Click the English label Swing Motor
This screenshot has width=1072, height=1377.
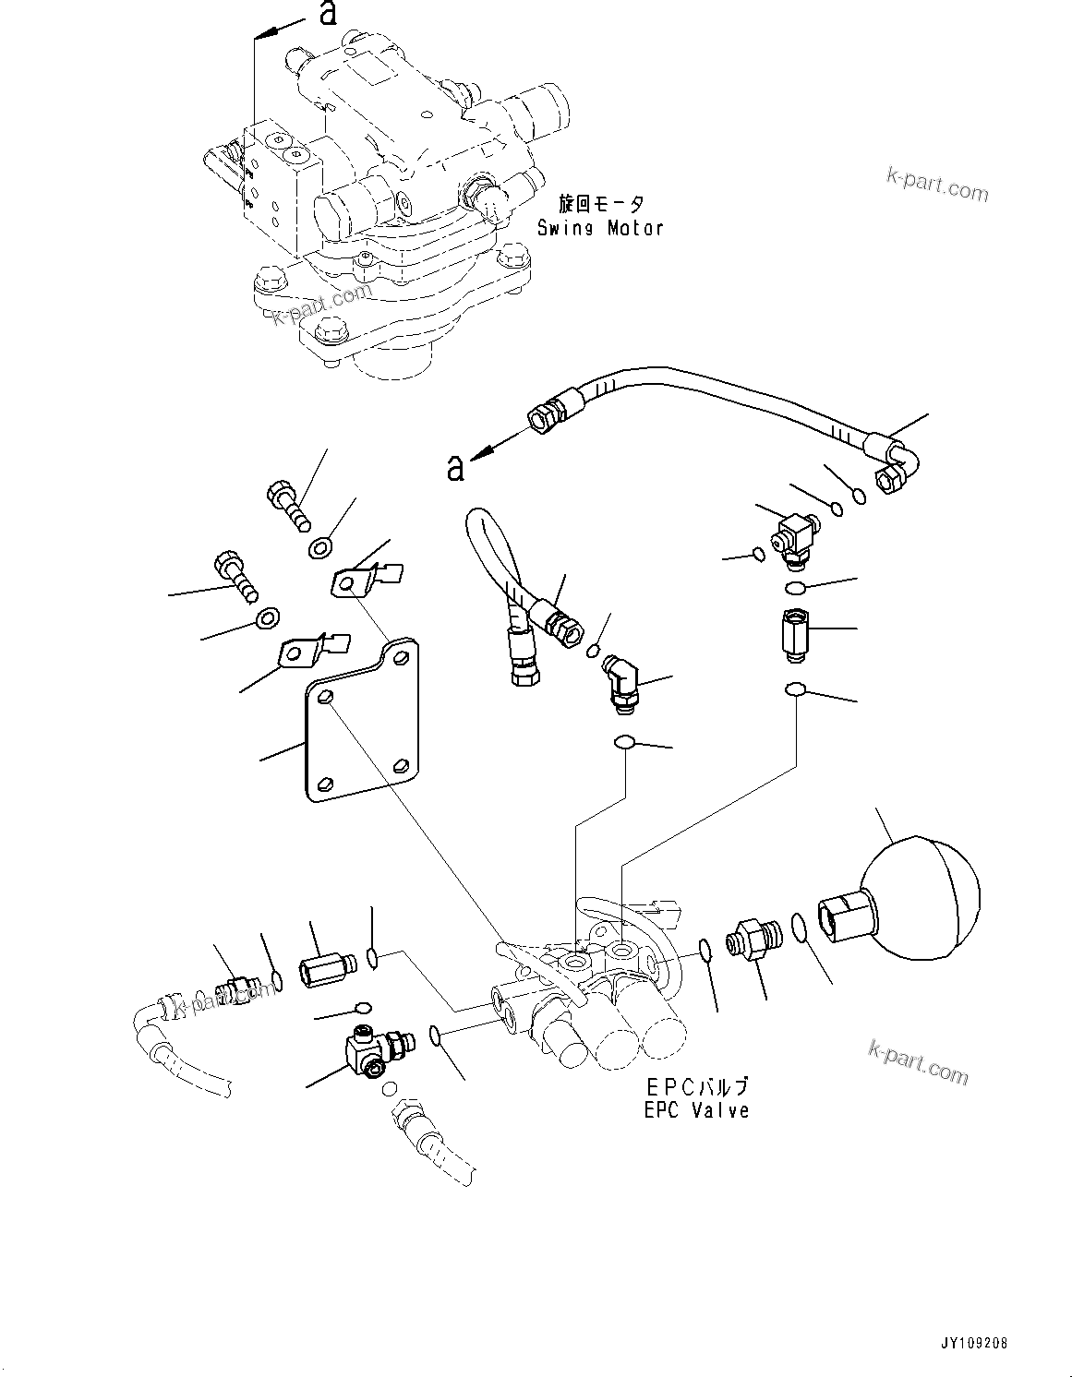599,227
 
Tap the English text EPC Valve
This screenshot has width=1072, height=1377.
696,1111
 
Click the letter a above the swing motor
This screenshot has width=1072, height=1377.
326,14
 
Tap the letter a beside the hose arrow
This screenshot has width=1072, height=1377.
454,469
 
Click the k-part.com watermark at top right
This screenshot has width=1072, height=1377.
936,181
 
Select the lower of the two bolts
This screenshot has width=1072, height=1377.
234,574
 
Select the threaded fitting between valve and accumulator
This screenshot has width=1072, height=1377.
753,940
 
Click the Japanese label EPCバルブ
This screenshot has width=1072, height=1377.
696,1088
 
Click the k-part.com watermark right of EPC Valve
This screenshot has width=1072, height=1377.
918,1061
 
